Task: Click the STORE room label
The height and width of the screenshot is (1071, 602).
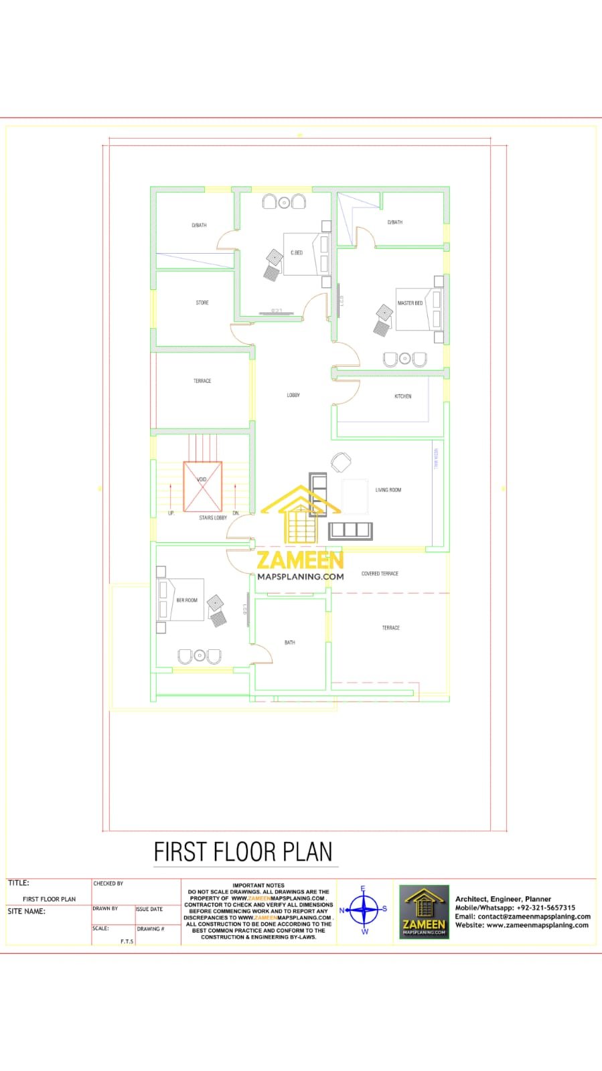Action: [x=202, y=303]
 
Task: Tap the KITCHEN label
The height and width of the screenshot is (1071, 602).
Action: [x=402, y=396]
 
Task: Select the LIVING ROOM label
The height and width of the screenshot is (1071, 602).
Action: [x=388, y=490]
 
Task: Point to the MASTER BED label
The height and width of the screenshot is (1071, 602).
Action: [x=410, y=303]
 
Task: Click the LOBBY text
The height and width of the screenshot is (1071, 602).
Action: [x=293, y=396]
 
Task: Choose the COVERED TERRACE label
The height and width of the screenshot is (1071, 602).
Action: [x=380, y=574]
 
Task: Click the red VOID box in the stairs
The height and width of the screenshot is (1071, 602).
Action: [x=202, y=487]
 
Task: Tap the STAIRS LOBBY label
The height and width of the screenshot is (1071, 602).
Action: [x=213, y=518]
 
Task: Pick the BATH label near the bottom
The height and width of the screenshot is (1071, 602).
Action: [x=290, y=643]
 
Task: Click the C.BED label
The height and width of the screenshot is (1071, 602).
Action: [x=297, y=253]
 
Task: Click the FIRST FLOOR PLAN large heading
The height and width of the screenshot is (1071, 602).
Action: [x=243, y=852]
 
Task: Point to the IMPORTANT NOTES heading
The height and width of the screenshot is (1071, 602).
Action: [x=258, y=886]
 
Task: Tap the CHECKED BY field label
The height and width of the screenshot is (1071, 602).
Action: [x=108, y=884]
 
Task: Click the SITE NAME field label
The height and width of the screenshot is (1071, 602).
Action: [x=27, y=912]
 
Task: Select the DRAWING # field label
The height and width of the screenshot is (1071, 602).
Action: [x=151, y=929]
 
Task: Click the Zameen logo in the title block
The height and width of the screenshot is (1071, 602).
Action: [x=424, y=912]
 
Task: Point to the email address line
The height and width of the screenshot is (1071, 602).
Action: [x=523, y=917]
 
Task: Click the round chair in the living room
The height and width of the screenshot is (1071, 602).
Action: [x=341, y=462]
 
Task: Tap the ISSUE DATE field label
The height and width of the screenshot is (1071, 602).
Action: [x=149, y=910]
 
